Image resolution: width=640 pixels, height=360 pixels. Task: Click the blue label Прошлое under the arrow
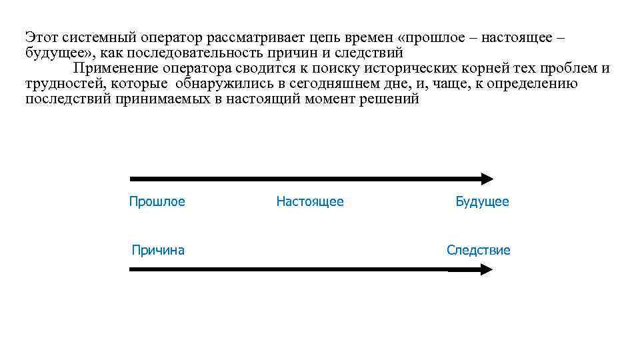[x=157, y=201]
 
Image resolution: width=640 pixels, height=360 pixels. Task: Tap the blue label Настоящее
[x=310, y=201]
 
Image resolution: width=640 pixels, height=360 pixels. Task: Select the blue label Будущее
[x=482, y=201]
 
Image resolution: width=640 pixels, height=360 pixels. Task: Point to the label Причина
[x=158, y=250]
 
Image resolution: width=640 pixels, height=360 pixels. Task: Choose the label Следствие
[x=478, y=250]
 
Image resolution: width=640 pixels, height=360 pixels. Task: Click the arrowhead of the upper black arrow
[x=487, y=179]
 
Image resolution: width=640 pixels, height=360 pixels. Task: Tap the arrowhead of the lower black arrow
[x=487, y=269]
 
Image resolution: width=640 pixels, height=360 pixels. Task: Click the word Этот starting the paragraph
[x=41, y=37]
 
